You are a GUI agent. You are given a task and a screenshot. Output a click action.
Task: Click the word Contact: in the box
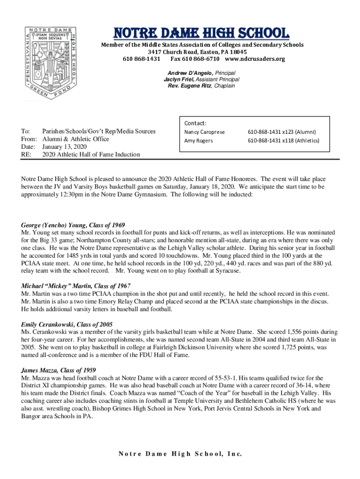click(x=195, y=123)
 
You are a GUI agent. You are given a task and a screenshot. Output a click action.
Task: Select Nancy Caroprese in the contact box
click(x=204, y=132)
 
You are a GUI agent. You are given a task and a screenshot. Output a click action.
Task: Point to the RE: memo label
click(x=26, y=154)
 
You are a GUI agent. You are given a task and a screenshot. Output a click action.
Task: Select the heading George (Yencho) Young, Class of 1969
click(x=73, y=225)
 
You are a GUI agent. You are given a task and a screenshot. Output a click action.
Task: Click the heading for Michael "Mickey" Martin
click(x=76, y=286)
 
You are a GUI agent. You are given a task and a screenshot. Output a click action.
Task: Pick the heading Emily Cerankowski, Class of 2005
click(x=67, y=324)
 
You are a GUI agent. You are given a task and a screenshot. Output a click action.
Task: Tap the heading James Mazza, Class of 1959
click(x=58, y=370)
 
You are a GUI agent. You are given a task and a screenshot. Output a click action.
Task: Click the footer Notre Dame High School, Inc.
click(x=180, y=454)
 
